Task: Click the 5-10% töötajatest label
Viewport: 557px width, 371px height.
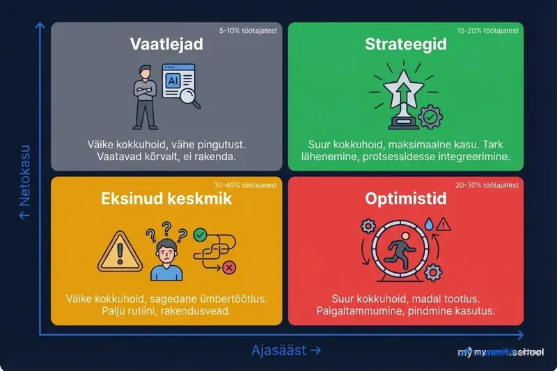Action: coord(249,31)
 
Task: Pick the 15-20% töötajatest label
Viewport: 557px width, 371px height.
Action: coord(487,31)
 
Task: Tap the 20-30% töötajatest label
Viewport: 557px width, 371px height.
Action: coord(487,185)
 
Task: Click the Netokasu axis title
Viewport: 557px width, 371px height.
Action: coord(25,182)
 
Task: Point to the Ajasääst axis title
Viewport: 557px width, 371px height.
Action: coord(286,351)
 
